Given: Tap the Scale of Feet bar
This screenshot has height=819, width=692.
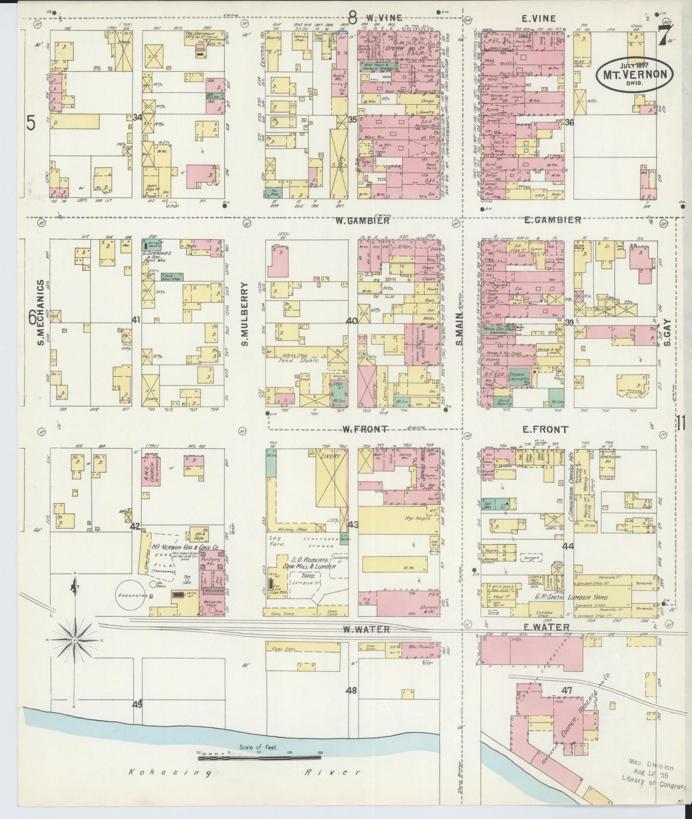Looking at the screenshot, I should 259,757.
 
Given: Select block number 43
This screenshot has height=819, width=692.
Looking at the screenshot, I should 353,524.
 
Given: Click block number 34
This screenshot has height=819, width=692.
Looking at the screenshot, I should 138,117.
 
